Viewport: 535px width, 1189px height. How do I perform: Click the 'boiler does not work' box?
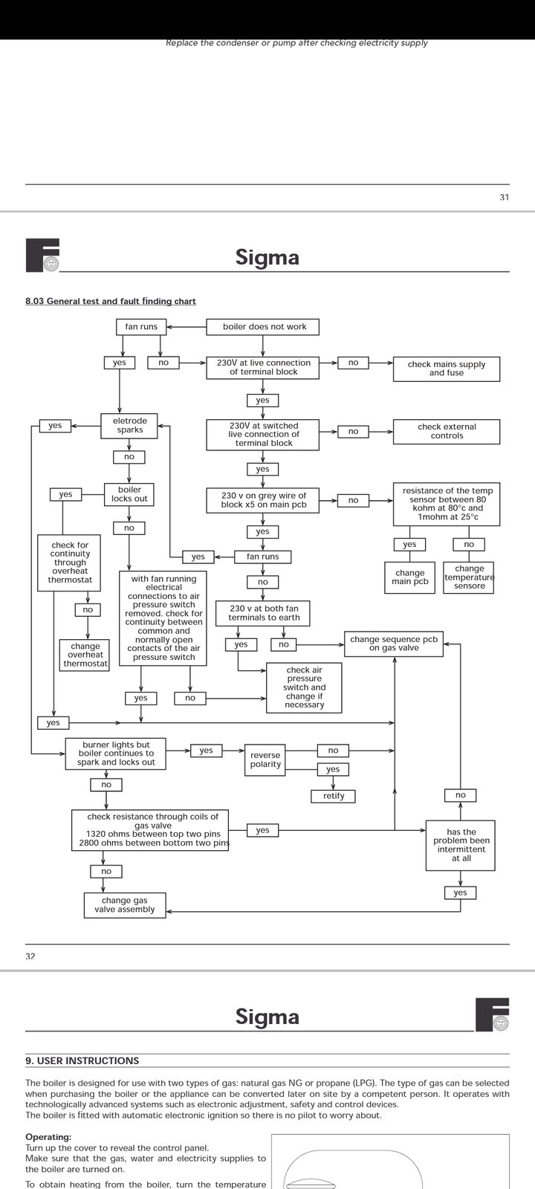[265, 327]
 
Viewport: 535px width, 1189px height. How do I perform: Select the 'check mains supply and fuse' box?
[446, 369]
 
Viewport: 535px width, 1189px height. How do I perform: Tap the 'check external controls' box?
[446, 432]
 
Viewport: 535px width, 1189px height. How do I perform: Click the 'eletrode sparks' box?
[129, 426]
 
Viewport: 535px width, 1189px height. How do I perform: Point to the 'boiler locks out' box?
[129, 494]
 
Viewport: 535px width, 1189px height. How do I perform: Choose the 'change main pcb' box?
[409, 577]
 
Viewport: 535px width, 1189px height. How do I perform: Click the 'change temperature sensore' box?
[469, 577]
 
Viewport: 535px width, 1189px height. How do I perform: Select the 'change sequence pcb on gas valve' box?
[394, 644]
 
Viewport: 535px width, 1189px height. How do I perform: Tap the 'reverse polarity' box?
[265, 760]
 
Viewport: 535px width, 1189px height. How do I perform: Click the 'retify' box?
[334, 796]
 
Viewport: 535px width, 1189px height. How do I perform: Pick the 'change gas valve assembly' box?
[125, 905]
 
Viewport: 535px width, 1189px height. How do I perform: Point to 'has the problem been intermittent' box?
[461, 845]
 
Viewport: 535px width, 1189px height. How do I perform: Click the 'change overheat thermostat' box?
[85, 655]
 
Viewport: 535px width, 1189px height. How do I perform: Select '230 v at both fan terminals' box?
[263, 613]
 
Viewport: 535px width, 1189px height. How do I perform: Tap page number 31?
[505, 198]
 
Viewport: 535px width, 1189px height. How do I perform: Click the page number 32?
[30, 956]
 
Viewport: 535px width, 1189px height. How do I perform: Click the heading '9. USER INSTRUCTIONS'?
[82, 1060]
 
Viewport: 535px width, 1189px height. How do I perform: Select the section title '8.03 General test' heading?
[111, 302]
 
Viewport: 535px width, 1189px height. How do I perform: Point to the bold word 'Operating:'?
[48, 1137]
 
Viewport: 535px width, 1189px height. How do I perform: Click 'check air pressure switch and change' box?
[304, 687]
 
